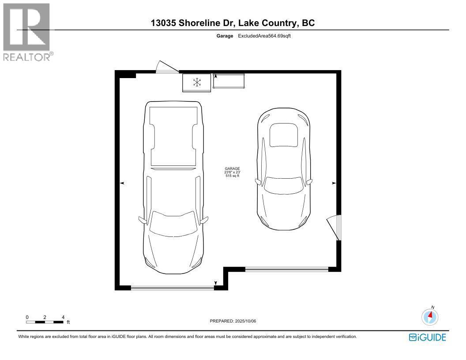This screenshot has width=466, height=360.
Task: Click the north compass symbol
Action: [430, 316]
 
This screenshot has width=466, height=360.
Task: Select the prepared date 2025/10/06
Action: [233, 321]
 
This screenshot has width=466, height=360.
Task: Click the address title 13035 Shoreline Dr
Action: [233, 23]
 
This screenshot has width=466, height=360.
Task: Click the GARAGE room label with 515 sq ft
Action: [232, 172]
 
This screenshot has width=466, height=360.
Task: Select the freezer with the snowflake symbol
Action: [197, 82]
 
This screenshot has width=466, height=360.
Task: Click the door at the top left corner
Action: [166, 68]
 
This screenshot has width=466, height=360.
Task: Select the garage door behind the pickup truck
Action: [173, 288]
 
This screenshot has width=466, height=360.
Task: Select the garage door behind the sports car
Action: [287, 268]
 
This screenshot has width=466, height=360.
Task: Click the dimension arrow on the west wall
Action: [122, 183]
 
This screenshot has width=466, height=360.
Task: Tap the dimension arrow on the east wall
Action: [334, 183]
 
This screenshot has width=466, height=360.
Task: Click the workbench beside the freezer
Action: [229, 81]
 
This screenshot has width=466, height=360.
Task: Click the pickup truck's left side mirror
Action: [142, 219]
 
